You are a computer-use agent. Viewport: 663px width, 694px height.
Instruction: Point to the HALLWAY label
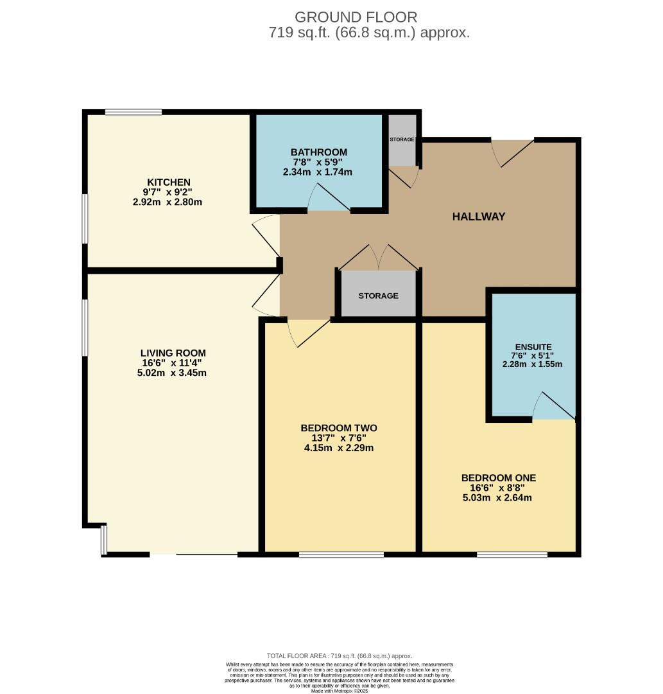pos(479,217)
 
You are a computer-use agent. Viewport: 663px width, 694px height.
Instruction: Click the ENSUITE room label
pos(532,347)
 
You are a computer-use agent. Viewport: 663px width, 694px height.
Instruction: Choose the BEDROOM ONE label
pos(499,478)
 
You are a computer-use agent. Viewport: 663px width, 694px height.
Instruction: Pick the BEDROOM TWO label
pos(338,428)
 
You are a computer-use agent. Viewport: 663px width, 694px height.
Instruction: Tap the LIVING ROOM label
pos(173,353)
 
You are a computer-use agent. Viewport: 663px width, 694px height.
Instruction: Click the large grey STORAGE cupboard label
pos(378,296)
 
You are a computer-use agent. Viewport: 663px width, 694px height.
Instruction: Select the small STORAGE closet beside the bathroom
pos(402,139)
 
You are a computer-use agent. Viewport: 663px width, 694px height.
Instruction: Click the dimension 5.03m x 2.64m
pos(499,497)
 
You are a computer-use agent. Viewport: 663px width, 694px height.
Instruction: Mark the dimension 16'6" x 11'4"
pos(173,363)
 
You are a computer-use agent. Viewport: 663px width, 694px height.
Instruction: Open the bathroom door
pos(329,199)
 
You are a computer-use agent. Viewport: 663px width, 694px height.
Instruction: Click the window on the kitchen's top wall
pos(133,112)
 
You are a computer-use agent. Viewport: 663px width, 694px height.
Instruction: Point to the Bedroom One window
pos(512,554)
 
